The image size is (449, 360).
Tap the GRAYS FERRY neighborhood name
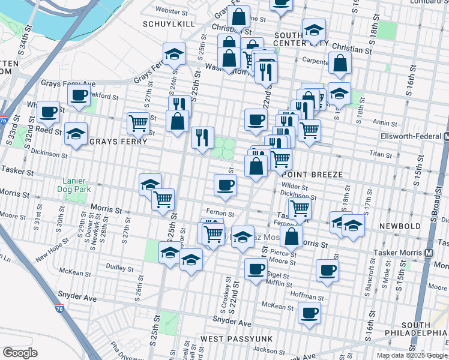click(x=118, y=142)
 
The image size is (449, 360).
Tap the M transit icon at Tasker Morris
click(x=429, y=253)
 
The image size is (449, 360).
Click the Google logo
click(x=20, y=352)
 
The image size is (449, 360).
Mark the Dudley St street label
click(x=122, y=265)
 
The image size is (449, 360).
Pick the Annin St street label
click(x=382, y=122)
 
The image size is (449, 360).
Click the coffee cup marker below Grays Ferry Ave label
click(x=79, y=95)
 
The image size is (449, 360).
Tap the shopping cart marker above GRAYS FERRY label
click(x=139, y=123)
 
